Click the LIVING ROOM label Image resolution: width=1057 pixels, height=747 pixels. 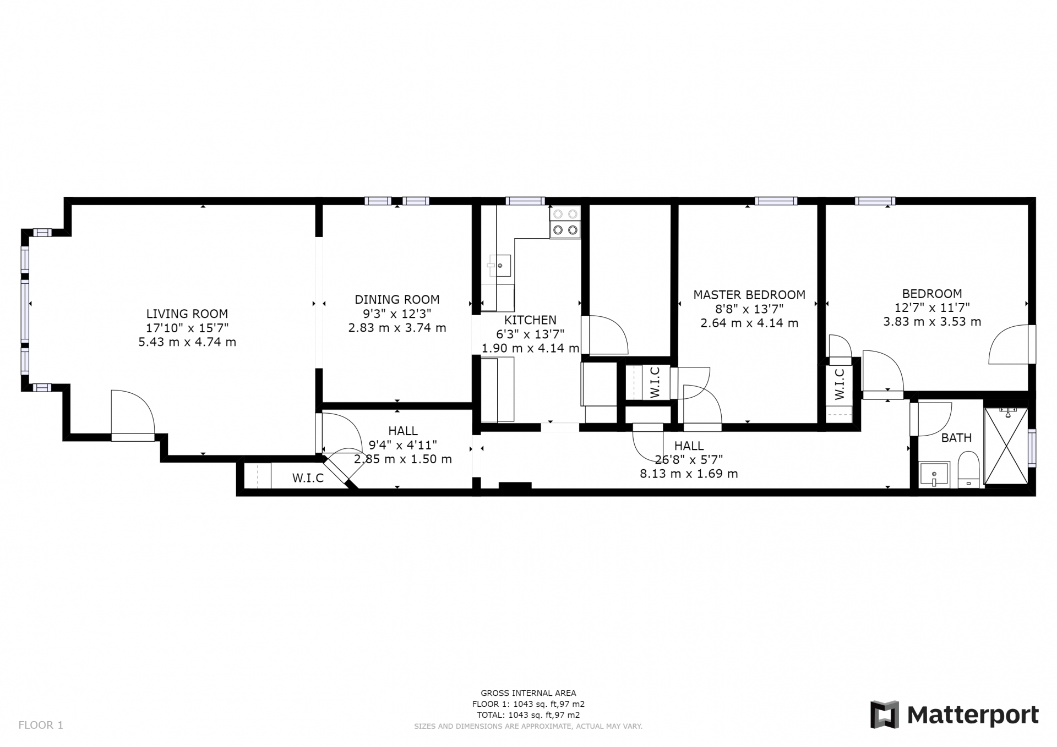point(187,314)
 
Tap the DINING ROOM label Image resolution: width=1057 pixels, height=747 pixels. point(397,300)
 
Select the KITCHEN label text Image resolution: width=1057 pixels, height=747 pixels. point(530,320)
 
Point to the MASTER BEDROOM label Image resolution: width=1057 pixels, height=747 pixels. point(749,295)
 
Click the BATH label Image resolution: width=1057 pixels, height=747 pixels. point(956,438)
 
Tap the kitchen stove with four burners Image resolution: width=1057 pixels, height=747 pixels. point(565,222)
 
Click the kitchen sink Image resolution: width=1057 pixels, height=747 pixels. point(499,266)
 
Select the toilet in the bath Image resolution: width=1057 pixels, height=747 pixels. point(968,469)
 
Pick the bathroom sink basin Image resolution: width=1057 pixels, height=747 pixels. point(934,474)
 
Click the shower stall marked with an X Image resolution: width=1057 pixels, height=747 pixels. point(1006,446)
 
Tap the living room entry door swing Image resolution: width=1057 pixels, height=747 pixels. point(133,412)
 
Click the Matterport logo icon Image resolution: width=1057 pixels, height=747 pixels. point(884,715)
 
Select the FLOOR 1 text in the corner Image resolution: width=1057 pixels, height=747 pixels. point(41,725)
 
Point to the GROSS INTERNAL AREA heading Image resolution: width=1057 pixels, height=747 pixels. point(528,693)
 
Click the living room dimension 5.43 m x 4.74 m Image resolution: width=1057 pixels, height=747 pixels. point(187,342)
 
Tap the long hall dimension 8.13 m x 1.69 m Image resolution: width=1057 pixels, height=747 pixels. point(689,474)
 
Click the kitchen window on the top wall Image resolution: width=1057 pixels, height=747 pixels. point(525,201)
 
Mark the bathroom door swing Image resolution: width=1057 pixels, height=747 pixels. point(931,419)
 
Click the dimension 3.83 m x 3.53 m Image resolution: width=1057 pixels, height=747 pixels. point(932,322)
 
